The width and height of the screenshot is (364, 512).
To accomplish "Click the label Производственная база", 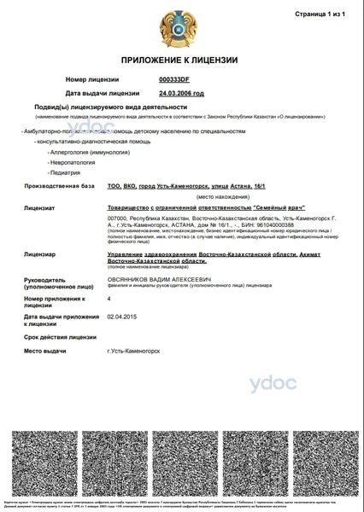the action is click(58, 186).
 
